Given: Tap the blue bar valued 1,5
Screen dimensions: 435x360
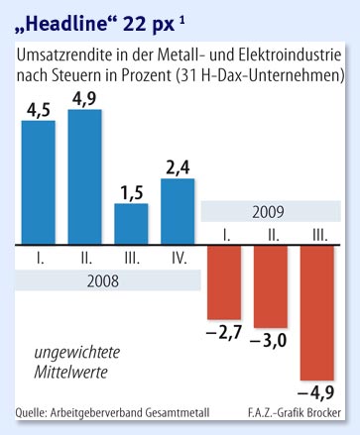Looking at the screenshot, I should click(132, 223).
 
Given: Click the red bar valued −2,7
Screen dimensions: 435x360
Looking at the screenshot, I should click(225, 278).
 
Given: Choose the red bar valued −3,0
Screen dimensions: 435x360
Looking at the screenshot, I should click(272, 283).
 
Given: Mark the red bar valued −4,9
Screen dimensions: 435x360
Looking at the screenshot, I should click(319, 309).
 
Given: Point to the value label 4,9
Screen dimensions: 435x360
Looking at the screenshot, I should click(85, 98).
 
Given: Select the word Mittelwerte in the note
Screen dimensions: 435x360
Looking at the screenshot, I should click(72, 373).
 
